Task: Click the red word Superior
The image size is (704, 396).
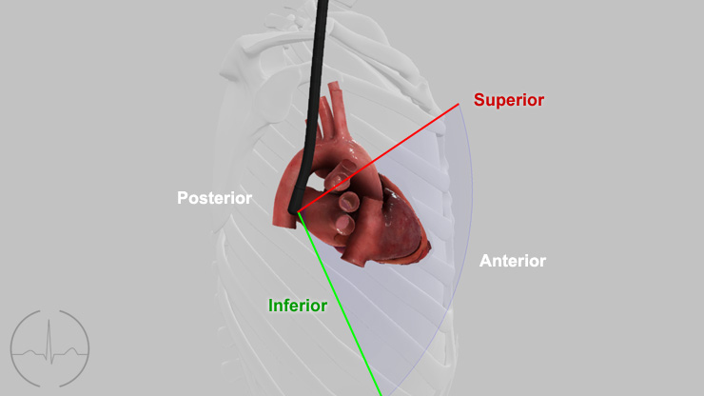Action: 509,100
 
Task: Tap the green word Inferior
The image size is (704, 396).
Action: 298,306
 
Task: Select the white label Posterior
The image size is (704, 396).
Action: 215,198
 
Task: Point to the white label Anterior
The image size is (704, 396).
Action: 513,261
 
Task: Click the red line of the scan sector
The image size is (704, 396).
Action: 378,158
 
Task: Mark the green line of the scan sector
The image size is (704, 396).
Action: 339,304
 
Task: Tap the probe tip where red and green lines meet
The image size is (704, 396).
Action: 295,210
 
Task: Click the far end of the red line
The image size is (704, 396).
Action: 459,105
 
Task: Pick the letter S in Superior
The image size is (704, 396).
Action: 479,100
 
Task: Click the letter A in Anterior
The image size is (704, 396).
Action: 485,261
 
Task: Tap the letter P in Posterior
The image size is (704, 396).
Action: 183,198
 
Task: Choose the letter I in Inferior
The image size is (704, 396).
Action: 271,306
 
